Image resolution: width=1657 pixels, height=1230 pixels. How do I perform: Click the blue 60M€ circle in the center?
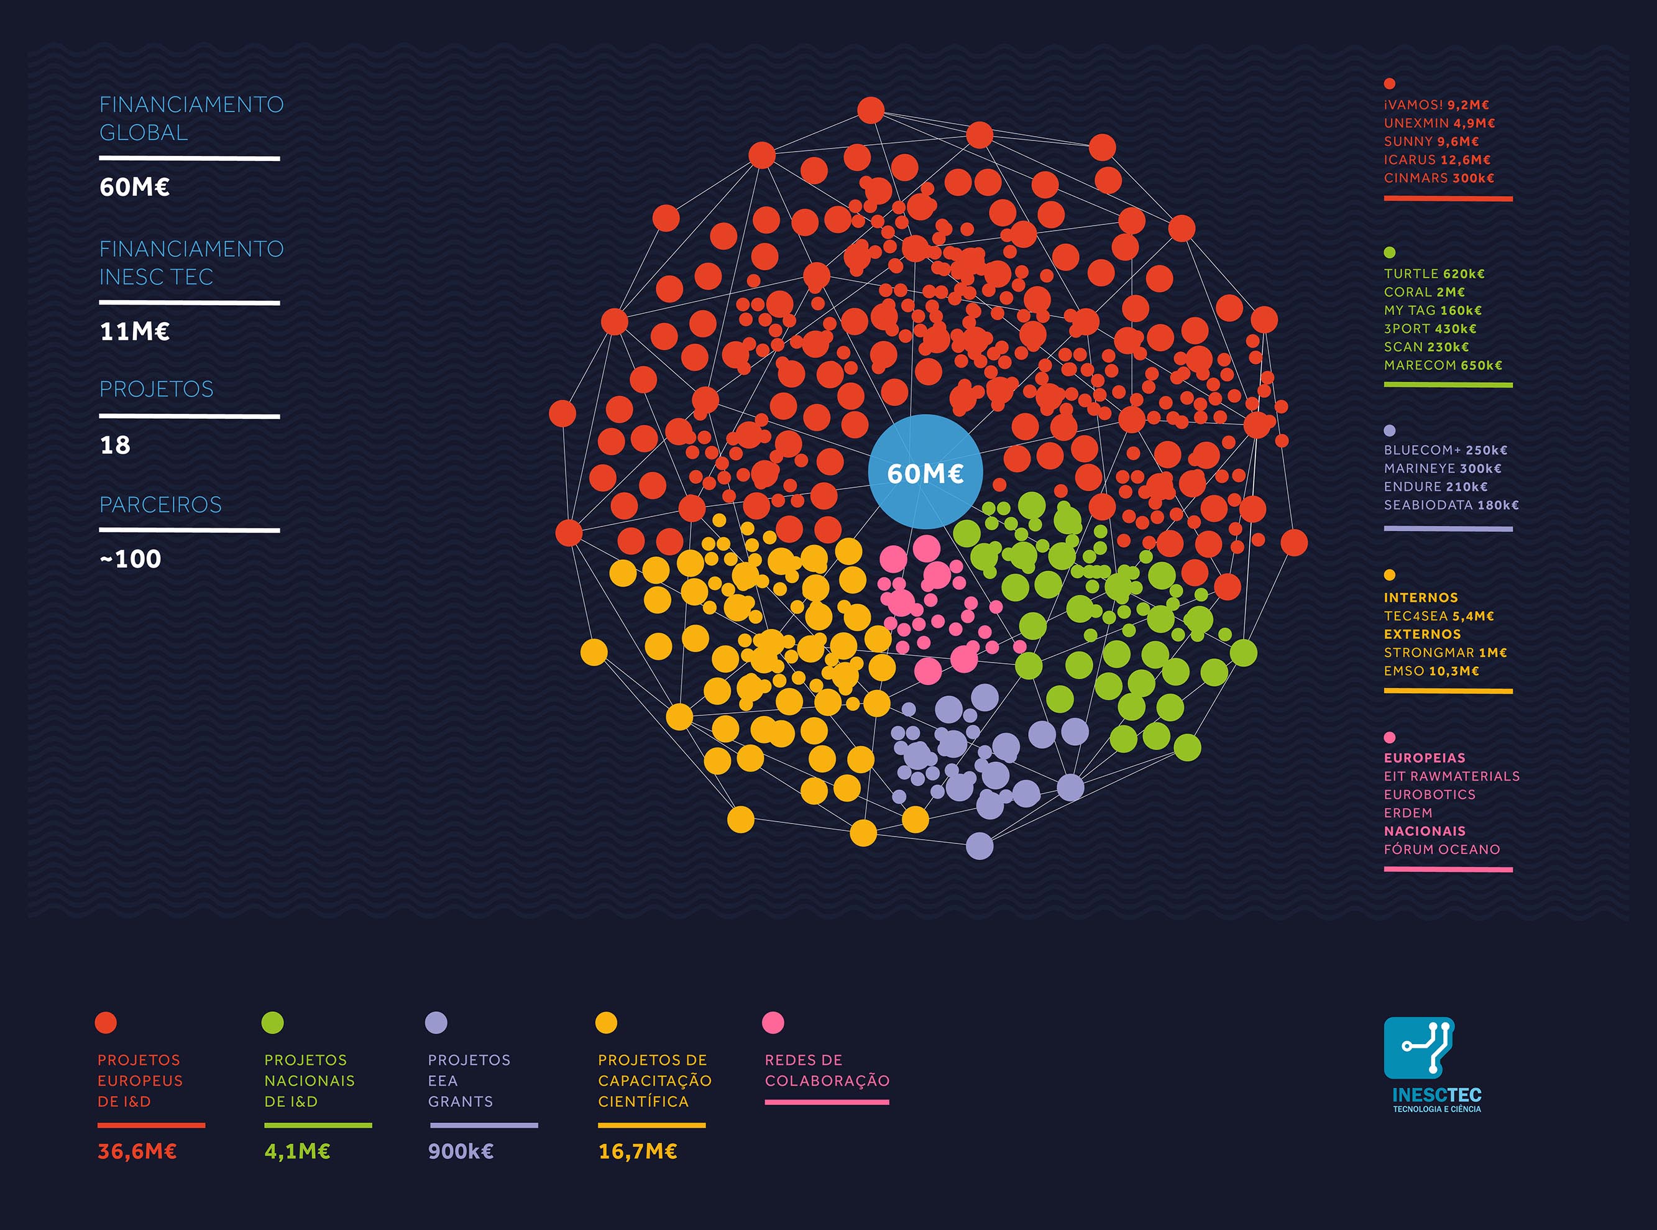(925, 472)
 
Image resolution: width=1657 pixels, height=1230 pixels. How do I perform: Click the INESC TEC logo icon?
(1418, 1048)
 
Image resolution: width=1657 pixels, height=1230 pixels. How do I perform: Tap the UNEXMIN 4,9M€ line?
(1439, 124)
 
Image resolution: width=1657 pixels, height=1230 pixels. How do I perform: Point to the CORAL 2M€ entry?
(1424, 293)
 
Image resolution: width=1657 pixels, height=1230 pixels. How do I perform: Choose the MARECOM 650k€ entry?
(1443, 365)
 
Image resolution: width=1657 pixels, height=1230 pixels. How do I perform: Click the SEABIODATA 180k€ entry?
(1451, 505)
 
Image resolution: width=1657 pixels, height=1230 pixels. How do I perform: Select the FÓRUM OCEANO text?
(1441, 850)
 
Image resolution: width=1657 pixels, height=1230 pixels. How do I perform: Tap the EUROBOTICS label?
(1430, 794)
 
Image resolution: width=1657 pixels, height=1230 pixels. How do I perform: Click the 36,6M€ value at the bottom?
(137, 1152)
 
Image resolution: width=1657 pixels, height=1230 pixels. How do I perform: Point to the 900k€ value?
(461, 1152)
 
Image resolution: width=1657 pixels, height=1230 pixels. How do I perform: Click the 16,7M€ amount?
(638, 1152)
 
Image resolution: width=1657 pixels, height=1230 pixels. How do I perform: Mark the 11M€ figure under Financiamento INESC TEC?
(135, 331)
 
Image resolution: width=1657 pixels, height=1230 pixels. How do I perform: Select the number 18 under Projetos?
(116, 445)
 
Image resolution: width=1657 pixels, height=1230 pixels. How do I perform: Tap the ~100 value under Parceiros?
(131, 559)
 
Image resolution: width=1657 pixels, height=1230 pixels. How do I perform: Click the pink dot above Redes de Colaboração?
(773, 1022)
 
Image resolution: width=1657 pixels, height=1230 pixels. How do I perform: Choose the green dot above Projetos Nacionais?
(273, 1022)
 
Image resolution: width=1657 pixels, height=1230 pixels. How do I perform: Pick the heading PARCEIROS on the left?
(161, 505)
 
